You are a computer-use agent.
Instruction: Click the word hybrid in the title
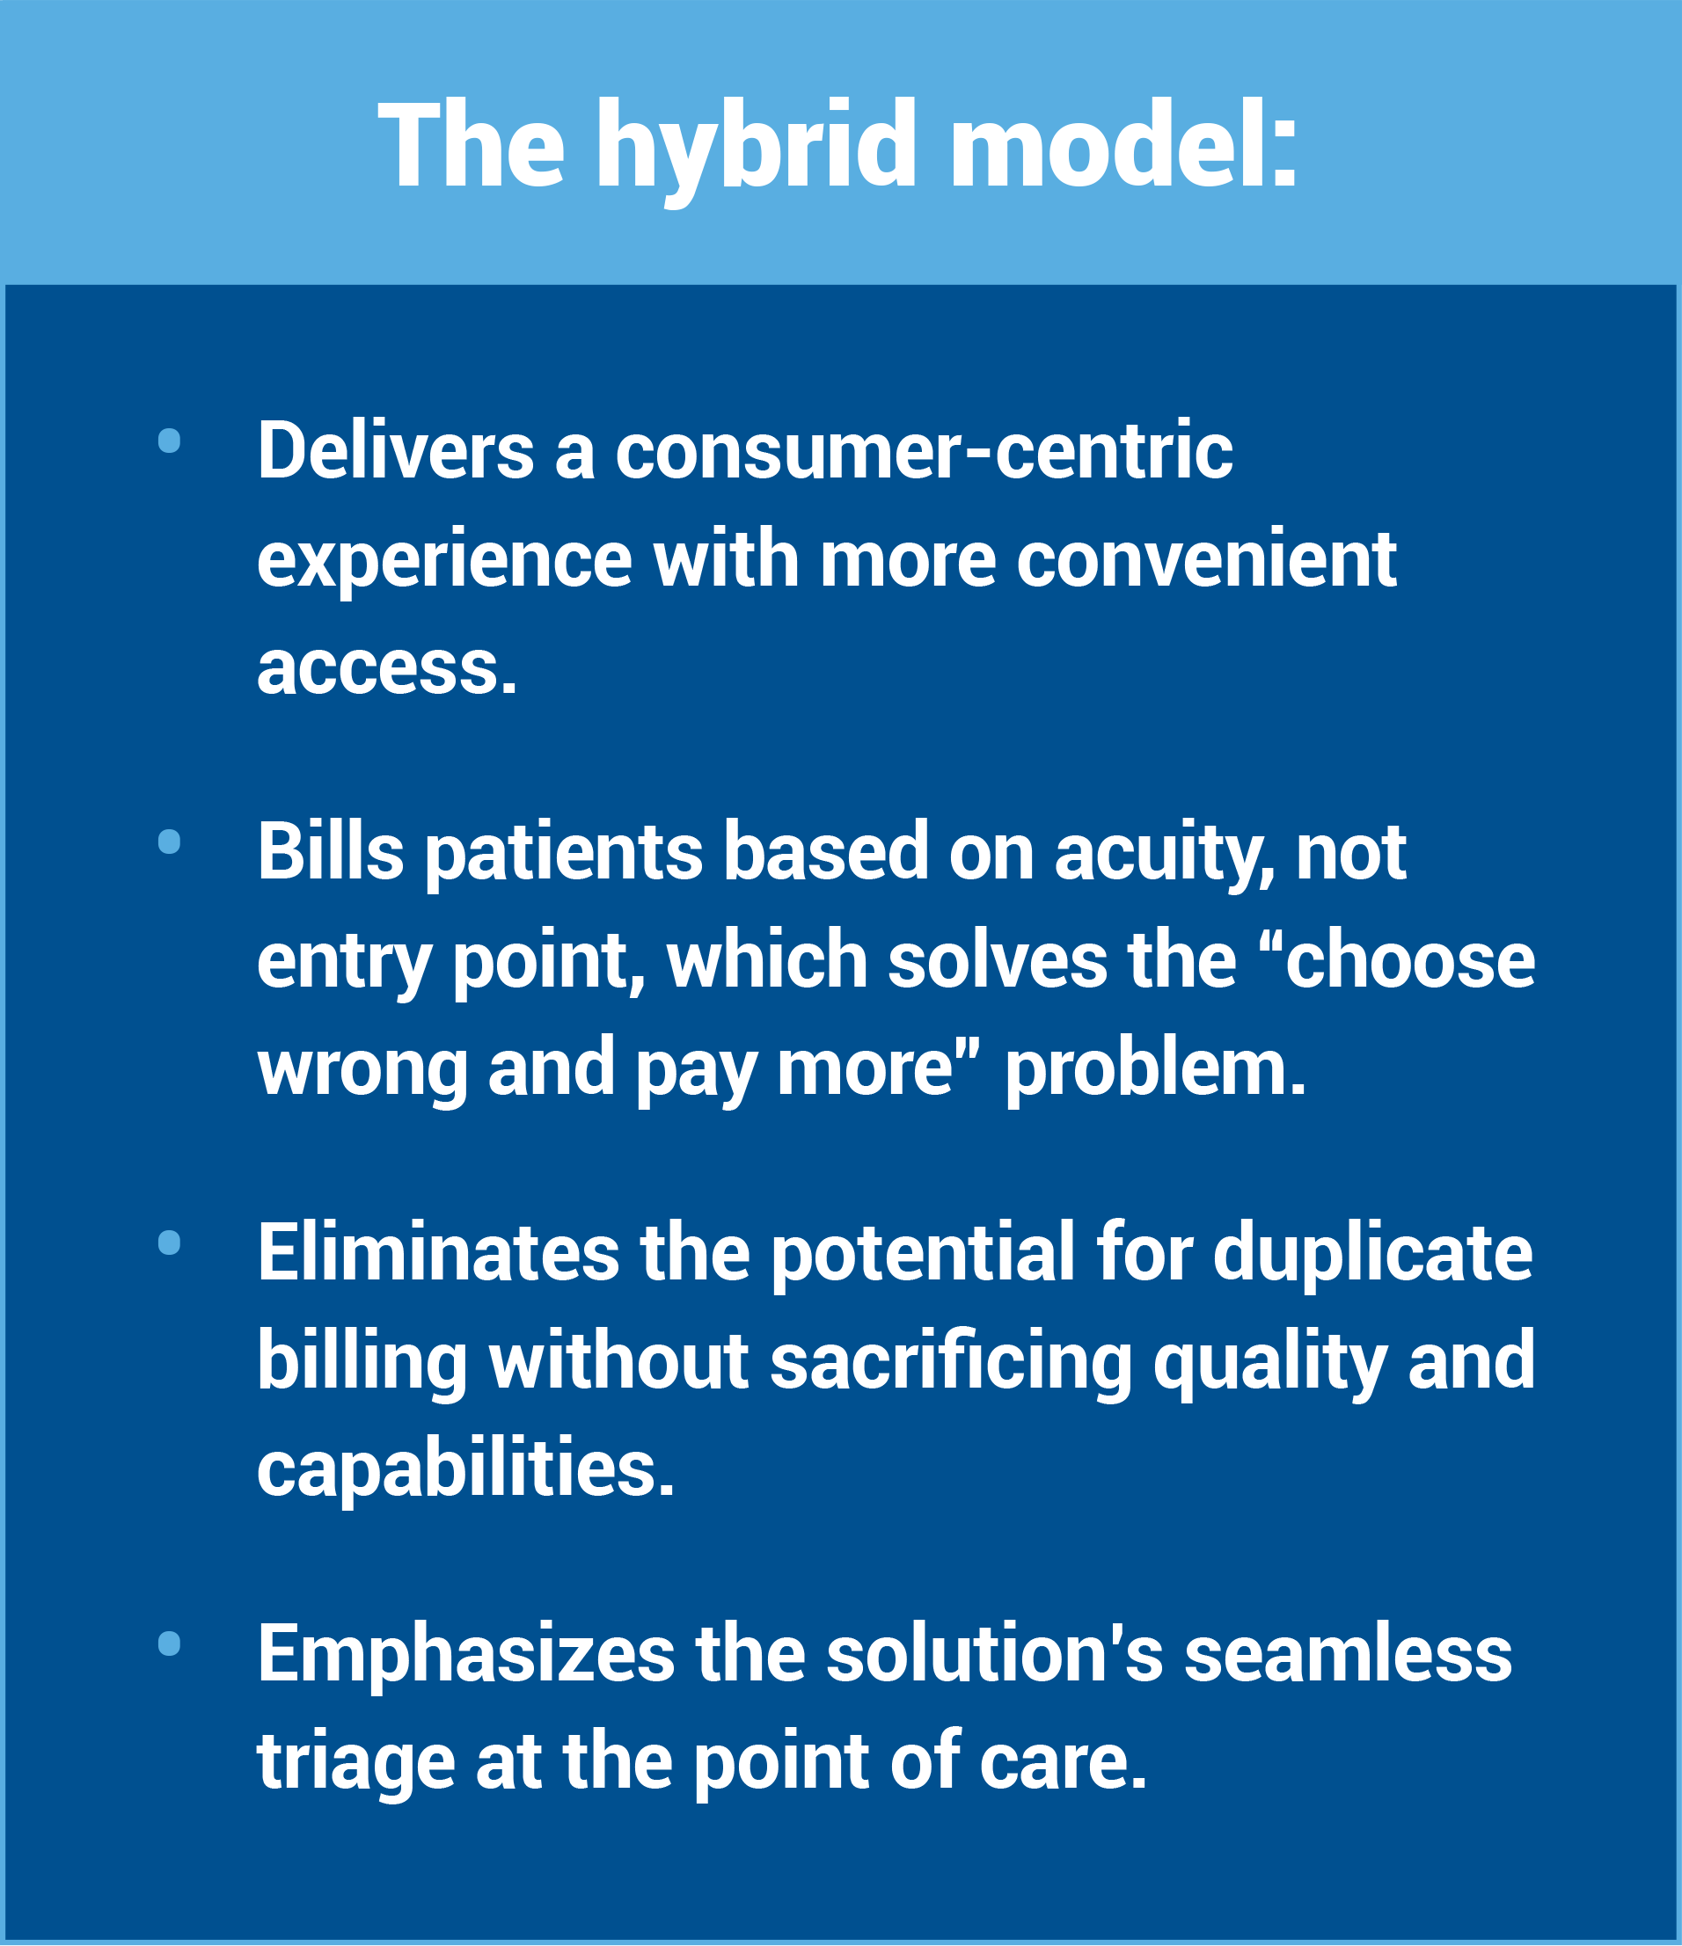756,150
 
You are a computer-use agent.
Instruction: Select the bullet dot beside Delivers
169,441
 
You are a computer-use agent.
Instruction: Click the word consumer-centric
924,451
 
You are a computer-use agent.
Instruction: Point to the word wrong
362,1071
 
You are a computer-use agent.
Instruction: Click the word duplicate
1373,1254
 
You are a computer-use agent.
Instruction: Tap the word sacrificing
951,1364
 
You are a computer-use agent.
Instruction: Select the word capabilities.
466,1469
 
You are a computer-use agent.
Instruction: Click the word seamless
1349,1655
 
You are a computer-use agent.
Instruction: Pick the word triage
356,1764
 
